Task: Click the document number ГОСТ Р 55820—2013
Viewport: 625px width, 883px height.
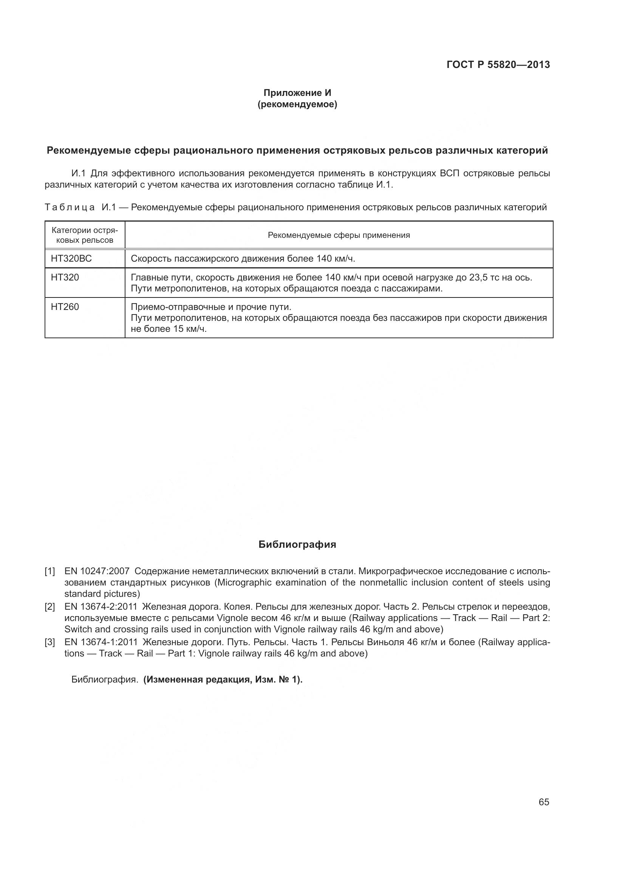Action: pyautogui.click(x=498, y=65)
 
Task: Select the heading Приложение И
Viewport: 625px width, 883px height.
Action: pyautogui.click(x=297, y=93)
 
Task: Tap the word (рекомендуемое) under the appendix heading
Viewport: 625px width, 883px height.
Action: pyautogui.click(x=297, y=104)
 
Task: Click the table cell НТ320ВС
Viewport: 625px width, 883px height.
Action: pyautogui.click(x=71, y=259)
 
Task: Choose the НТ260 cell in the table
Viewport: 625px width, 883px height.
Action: pyautogui.click(x=65, y=307)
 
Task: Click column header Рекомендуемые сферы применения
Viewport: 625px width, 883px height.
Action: pyautogui.click(x=339, y=235)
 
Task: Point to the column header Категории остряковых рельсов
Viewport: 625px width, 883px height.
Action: pyautogui.click(x=85, y=235)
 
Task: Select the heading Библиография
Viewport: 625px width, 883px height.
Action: pyautogui.click(x=297, y=544)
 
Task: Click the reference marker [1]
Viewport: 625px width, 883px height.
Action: pyautogui.click(x=50, y=572)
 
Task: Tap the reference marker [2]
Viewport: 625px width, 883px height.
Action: pyautogui.click(x=50, y=607)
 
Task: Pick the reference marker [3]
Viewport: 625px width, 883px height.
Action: pyautogui.click(x=50, y=643)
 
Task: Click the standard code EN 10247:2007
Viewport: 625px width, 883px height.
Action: pyautogui.click(x=97, y=572)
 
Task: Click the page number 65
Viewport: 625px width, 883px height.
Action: pyautogui.click(x=544, y=802)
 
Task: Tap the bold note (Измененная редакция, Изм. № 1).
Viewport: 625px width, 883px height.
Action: pyautogui.click(x=223, y=680)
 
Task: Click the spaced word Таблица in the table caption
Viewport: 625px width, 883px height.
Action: pyautogui.click(x=70, y=208)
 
